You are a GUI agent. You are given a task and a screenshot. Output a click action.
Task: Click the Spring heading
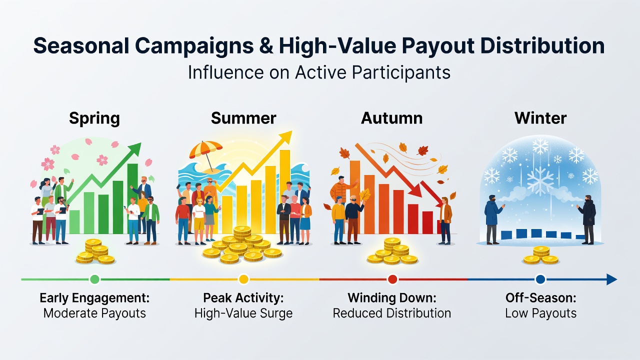94,118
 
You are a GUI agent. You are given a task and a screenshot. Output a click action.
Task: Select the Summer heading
243,118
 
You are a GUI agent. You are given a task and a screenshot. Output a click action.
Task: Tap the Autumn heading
391,118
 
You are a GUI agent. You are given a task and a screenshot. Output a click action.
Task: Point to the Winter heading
540,118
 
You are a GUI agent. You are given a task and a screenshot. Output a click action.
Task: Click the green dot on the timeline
94,279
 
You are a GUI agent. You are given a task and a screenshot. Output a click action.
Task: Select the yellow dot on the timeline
243,279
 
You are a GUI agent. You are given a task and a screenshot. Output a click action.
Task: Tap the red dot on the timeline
392,279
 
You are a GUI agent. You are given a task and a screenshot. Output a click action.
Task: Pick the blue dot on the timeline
540,279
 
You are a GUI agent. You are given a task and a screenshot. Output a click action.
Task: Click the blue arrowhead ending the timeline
611,279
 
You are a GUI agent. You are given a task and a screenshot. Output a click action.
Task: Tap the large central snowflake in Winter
540,181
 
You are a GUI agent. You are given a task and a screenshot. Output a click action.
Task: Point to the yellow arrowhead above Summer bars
284,137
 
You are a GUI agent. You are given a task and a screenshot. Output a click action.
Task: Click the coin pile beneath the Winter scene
541,255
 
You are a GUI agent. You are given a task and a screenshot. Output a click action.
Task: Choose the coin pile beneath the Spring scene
95,251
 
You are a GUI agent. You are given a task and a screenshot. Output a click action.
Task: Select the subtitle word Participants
401,72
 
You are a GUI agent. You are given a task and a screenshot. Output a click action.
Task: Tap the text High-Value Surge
243,313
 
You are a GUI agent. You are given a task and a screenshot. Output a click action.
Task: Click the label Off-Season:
541,298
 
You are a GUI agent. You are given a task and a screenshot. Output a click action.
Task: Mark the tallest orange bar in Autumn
354,197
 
